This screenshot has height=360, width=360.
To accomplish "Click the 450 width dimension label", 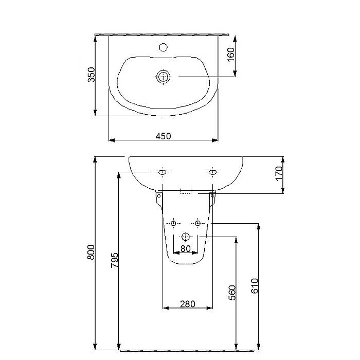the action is pos(163,136).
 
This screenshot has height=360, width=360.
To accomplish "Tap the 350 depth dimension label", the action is pos(91,75).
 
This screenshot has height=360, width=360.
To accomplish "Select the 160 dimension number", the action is pos(231,55).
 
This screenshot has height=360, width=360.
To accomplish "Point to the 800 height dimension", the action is pos(91,252).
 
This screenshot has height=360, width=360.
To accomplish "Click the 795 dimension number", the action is pos(115,260).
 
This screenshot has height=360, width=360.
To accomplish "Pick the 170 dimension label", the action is pos(279,174).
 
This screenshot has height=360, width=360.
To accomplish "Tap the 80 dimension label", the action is pos(186,248).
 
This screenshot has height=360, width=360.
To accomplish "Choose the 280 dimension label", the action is pos(188,304).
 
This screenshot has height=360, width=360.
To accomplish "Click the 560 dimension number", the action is pos(232,293).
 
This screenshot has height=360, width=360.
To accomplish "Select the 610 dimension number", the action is pos(255,286).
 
